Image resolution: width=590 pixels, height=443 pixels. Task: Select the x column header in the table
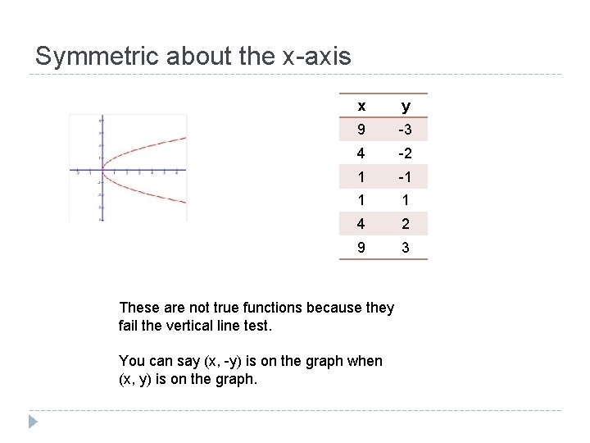coord(361,106)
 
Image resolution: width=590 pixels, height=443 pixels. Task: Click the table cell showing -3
coord(406,130)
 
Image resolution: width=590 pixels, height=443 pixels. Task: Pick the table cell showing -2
coord(406,153)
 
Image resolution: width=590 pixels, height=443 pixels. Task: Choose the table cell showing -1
coord(406,177)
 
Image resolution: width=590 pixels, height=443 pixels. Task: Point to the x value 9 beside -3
coord(361,130)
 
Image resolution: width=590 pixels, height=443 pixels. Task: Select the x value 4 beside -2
coord(361,153)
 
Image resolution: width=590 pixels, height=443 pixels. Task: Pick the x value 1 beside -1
coord(361,177)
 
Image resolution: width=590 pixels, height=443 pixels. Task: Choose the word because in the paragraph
coord(338,308)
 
